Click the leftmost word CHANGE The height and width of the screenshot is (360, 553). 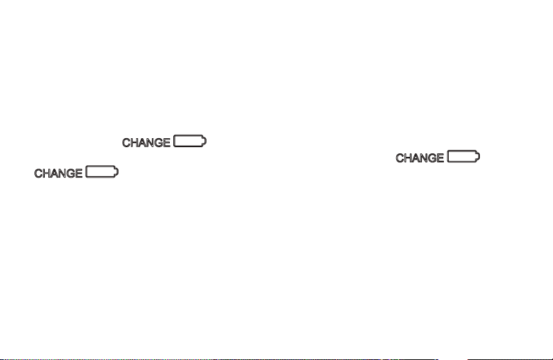coord(58,173)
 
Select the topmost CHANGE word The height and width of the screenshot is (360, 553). coord(146,142)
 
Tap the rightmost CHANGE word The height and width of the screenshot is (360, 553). coord(420,158)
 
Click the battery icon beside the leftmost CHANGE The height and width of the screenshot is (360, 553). coord(102,171)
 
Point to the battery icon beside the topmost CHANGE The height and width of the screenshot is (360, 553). coord(190,141)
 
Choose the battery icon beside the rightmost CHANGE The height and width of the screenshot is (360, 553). coord(463,156)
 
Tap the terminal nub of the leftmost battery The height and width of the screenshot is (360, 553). coord(117,172)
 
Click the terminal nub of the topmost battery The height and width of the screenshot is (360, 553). coord(204,141)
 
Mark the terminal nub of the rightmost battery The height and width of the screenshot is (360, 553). coord(478,156)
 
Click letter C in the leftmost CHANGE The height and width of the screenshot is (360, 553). coord(38,173)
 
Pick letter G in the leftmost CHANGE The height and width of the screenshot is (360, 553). coord(70,173)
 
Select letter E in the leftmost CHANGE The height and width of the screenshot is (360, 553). coord(79,173)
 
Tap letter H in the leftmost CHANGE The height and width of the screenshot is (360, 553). coord(46,173)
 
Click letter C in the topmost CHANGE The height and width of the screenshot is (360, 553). coord(126,142)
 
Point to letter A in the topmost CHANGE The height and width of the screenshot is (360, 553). coord(142,142)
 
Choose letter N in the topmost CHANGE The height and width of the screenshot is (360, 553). coord(150,142)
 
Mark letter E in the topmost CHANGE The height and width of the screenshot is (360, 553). coord(167,142)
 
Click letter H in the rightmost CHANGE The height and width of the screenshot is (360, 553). coord(408,158)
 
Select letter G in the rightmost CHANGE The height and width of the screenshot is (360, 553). coord(432,158)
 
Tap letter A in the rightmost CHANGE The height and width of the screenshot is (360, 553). coord(416,158)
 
